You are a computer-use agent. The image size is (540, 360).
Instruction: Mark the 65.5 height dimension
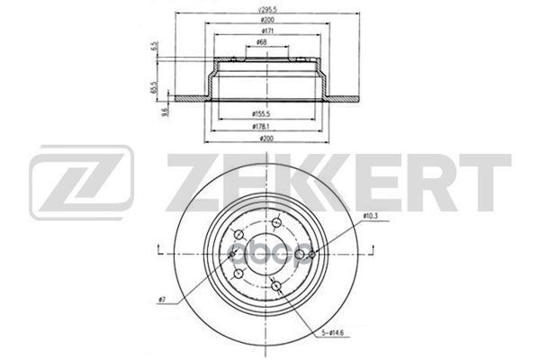156,87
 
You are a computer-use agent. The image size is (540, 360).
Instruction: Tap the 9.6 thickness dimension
165,112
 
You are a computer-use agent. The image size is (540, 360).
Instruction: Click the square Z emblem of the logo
82,184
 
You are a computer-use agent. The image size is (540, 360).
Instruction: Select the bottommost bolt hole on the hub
274,286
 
